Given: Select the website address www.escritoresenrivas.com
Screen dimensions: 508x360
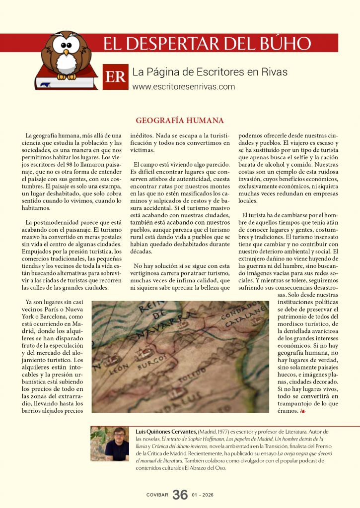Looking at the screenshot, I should [184, 87].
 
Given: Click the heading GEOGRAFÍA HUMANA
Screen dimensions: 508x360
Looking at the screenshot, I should [180, 121].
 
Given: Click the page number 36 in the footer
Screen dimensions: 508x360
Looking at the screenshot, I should [180, 494].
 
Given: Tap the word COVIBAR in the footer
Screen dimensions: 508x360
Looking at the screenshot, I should [157, 495].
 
